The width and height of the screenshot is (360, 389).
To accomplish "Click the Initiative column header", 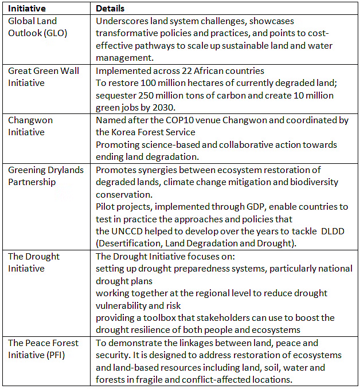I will [x=26, y=9].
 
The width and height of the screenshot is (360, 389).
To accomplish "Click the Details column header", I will [x=110, y=9].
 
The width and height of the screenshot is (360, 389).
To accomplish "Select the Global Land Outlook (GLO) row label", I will [x=37, y=27].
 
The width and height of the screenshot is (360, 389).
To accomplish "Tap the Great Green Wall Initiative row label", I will [x=44, y=77].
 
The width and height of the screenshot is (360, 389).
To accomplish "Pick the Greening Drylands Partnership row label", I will [x=45, y=175].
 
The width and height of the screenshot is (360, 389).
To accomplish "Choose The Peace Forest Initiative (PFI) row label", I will [x=44, y=348].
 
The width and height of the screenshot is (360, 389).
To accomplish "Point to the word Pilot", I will [x=105, y=206].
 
